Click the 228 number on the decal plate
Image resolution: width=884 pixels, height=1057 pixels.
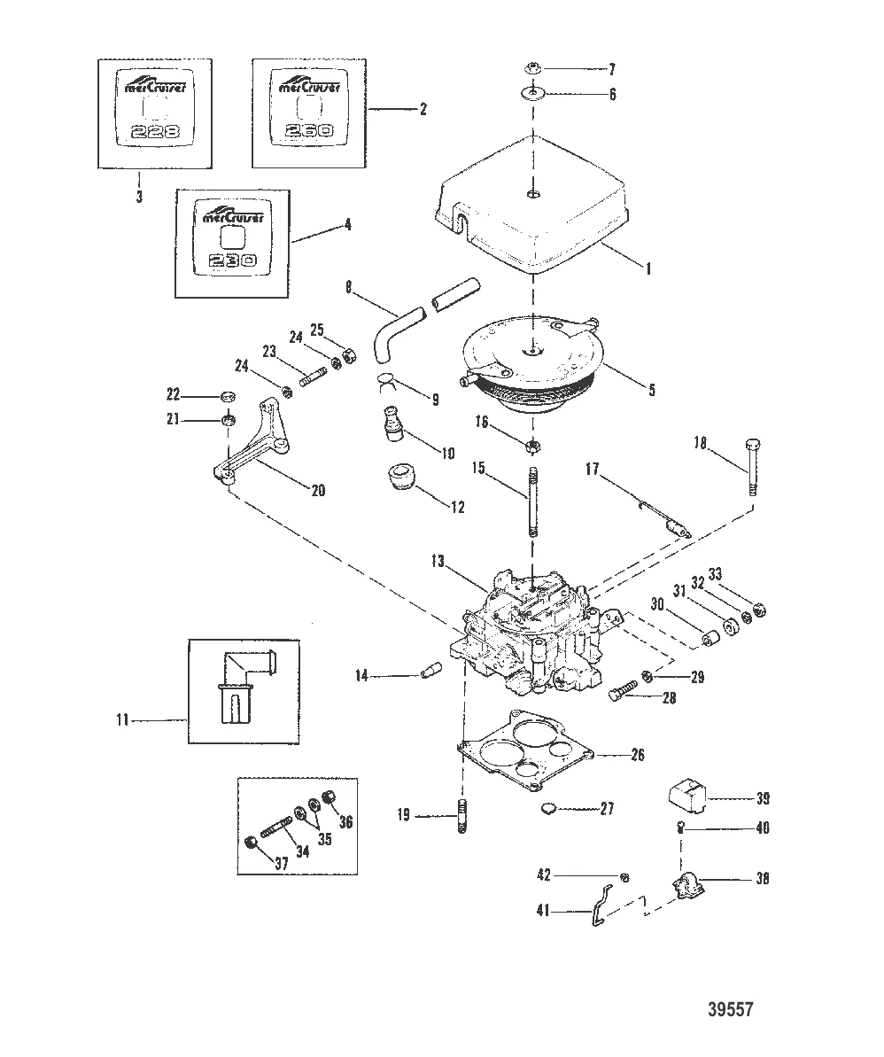click(x=154, y=133)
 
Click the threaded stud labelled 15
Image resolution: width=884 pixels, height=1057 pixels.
click(x=533, y=505)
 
